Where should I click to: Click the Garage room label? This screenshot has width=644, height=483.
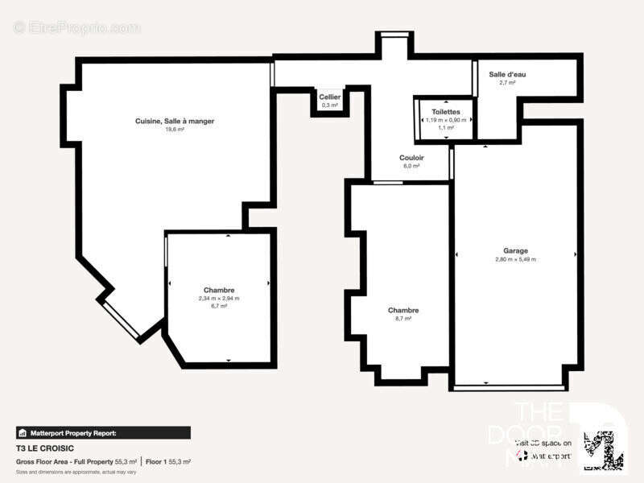tap(516, 250)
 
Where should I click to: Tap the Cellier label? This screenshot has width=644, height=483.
tap(330, 97)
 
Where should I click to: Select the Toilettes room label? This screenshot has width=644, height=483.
tap(446, 111)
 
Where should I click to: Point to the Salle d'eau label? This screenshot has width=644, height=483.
tap(507, 74)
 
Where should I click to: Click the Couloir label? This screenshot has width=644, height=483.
tap(411, 158)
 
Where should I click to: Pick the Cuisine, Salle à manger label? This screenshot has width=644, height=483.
tap(175, 121)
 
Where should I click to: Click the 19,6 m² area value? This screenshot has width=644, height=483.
tap(175, 130)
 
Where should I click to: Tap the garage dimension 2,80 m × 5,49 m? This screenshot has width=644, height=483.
tap(516, 259)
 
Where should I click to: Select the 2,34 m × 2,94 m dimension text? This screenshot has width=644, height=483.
tap(219, 299)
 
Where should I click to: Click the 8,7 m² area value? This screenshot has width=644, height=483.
tap(402, 319)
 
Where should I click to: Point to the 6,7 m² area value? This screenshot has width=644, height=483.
tap(219, 307)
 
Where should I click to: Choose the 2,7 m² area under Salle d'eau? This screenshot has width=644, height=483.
tap(507, 83)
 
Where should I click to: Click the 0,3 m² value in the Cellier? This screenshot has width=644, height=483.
tap(330, 105)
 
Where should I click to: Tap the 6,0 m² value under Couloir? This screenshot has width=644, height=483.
tap(411, 167)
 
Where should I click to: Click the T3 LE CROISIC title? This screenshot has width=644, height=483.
tap(43, 448)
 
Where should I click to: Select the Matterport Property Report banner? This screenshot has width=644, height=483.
tap(103, 432)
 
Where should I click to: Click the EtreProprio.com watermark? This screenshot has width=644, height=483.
tap(76, 27)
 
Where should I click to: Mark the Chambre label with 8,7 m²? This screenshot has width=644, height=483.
tap(402, 310)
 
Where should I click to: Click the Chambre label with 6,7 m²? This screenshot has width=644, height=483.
tap(219, 290)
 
